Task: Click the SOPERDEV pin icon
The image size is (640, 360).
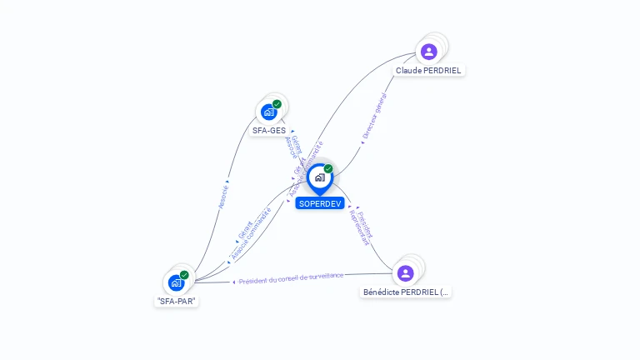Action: click(320, 177)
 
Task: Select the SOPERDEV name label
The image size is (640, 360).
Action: click(320, 203)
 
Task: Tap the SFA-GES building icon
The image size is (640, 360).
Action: click(268, 112)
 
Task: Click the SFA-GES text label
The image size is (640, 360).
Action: click(268, 131)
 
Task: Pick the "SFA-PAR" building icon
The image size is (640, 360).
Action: click(176, 282)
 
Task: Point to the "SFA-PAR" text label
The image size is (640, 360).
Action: click(177, 302)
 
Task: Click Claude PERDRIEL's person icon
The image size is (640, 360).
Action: click(428, 52)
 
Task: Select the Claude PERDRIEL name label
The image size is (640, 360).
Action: click(428, 71)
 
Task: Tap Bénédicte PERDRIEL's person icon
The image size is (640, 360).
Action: click(405, 273)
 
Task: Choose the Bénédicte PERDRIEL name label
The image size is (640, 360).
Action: click(407, 292)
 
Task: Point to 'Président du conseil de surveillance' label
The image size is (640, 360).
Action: click(291, 278)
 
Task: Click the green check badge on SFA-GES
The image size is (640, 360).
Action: click(277, 104)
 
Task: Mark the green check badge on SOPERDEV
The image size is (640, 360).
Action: click(328, 169)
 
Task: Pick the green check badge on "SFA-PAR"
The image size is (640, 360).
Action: click(184, 275)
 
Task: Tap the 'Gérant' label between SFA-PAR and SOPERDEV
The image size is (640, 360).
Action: click(245, 228)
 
